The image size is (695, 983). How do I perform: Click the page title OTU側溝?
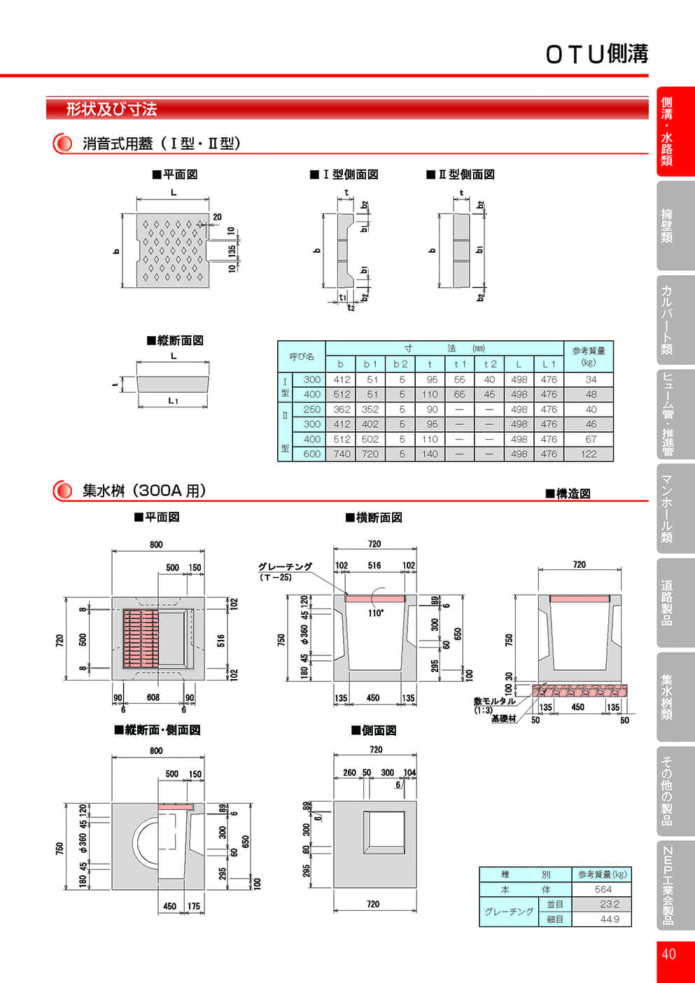596,54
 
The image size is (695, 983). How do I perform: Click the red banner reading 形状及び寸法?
111,109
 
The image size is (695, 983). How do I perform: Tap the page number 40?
668,954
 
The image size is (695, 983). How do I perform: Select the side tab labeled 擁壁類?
668,225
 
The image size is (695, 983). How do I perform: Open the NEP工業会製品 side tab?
668,885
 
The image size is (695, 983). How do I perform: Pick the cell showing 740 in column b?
342,454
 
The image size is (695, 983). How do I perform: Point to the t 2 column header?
489,364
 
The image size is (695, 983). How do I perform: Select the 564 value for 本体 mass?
602,889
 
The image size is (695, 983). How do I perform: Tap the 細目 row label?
555,919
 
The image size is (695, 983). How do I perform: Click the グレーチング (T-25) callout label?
285,571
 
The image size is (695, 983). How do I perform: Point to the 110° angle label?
376,613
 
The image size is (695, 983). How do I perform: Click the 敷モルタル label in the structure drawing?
494,701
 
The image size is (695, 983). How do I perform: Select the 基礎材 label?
503,718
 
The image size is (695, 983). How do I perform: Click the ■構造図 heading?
568,494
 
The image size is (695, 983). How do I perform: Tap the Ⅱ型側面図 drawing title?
461,174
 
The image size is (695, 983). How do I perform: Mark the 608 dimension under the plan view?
153,697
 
